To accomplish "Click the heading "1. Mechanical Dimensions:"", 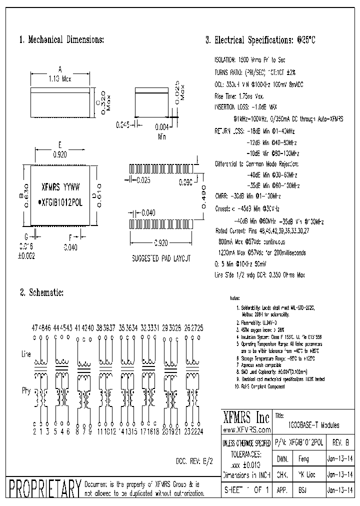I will tap(61, 39).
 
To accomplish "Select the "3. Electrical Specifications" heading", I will tap(260, 40).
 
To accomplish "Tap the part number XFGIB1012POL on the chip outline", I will tap(62, 203).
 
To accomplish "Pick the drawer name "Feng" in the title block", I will tap(303, 458).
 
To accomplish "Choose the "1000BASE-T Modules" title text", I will tap(313, 424).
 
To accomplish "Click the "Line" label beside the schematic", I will tap(26, 353).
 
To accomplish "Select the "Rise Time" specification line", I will tap(239, 95).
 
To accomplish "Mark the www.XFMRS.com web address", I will tap(246, 429).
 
